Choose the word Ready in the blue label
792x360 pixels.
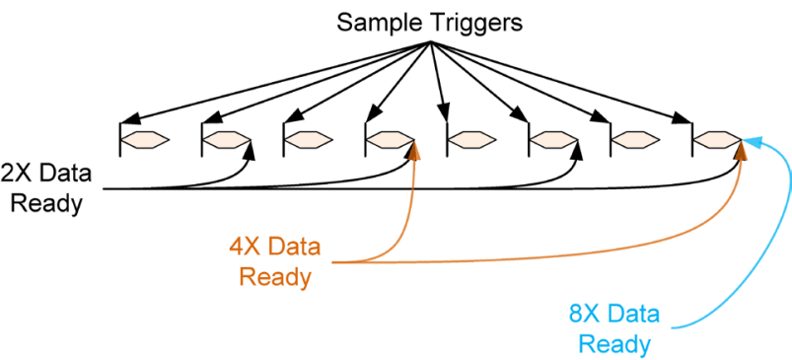pos(613,344)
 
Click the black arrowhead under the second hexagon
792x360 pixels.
pos(251,149)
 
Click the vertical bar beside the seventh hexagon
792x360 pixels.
pos(612,138)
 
